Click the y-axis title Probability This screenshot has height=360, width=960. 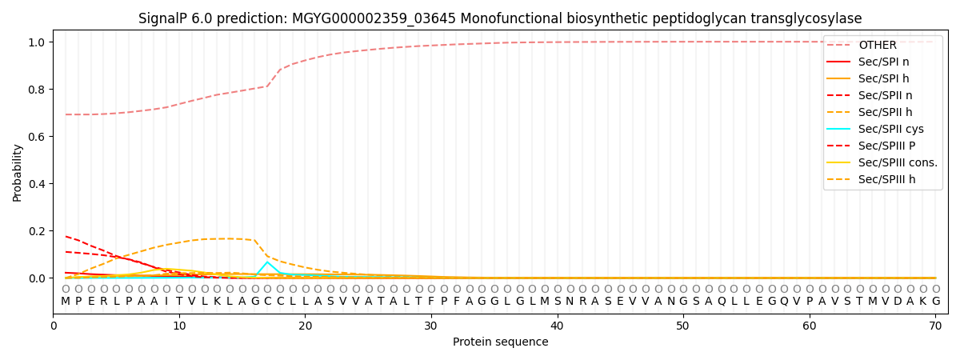click(18, 172)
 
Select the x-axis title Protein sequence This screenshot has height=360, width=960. click(500, 342)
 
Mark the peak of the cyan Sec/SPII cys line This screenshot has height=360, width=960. click(267, 262)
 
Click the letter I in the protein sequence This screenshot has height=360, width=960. click(166, 301)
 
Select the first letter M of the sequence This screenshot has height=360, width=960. click(66, 301)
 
